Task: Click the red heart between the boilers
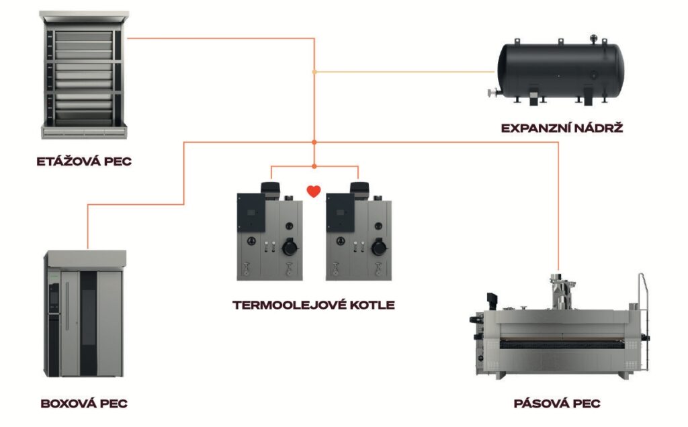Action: point(313,191)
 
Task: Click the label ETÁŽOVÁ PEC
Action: point(83,161)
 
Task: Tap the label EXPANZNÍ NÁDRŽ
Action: point(562,126)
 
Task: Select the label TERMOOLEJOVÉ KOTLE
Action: point(313,305)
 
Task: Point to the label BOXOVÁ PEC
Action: point(84,404)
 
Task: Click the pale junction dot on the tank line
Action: point(314,71)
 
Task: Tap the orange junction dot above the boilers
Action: point(314,142)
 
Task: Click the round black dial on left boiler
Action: point(290,248)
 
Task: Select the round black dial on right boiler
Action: point(378,248)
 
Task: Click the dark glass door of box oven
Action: point(89,322)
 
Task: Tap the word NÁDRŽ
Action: point(598,126)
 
